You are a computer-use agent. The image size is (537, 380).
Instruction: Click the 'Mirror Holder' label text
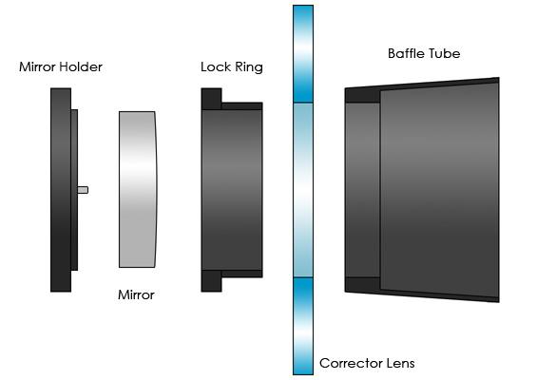[61, 66]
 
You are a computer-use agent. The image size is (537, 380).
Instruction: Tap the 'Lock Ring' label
[232, 67]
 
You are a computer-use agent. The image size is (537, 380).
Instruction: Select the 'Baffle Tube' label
[424, 53]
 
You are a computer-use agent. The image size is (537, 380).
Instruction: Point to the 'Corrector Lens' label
[367, 363]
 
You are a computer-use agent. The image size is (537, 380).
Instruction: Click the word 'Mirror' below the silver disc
[136, 294]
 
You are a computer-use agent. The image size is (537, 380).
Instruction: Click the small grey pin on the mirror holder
[83, 190]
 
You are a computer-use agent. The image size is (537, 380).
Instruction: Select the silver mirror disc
[138, 189]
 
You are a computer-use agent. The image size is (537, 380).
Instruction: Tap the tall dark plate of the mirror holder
[61, 190]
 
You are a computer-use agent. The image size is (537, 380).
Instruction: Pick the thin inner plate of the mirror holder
[74, 190]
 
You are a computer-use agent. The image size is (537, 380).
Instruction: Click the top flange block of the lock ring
[211, 99]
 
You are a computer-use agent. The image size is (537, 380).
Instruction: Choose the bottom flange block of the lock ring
[211, 280]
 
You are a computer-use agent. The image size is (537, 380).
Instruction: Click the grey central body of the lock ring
[232, 190]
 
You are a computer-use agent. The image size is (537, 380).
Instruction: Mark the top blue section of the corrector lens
[303, 54]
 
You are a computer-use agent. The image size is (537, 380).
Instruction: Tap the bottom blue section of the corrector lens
[303, 326]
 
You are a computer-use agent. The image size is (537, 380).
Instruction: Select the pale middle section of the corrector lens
[303, 190]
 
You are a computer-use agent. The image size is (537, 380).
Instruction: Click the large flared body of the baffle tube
[440, 190]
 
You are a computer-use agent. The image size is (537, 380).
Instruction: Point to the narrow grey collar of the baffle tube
[363, 190]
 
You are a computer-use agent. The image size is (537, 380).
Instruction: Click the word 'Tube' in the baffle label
[444, 53]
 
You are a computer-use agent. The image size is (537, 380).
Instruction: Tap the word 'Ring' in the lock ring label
[249, 67]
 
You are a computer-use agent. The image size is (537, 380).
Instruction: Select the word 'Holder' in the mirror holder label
[81, 66]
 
